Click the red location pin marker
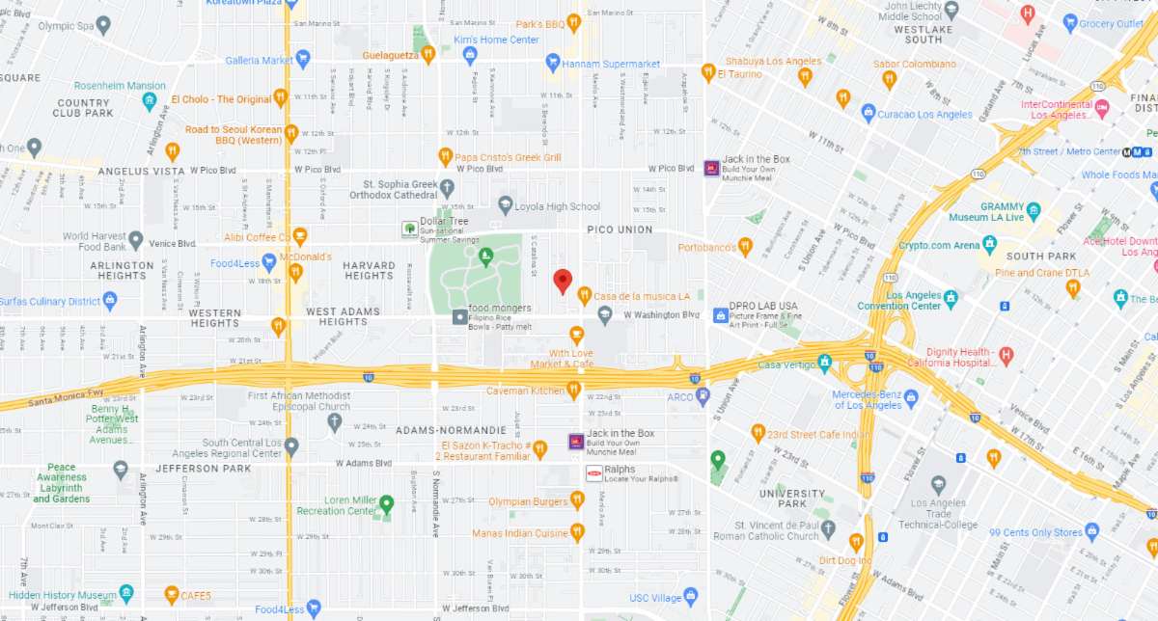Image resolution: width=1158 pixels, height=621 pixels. [x=563, y=282]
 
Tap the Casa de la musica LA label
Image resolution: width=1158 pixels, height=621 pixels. [x=642, y=296]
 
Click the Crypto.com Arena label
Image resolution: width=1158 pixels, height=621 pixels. [x=940, y=246]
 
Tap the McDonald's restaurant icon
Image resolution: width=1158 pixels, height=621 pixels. [x=296, y=272]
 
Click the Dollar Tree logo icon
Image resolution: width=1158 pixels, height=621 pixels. [x=410, y=229]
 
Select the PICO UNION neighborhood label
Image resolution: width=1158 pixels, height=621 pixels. [x=620, y=229]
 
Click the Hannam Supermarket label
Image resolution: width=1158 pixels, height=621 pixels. [x=613, y=65]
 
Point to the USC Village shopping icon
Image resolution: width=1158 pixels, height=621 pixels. [x=689, y=596]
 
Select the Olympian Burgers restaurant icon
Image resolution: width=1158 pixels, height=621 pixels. [x=577, y=499]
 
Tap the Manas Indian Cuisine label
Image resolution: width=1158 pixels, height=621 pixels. [x=520, y=533]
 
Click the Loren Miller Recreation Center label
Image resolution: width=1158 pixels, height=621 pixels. [x=334, y=505]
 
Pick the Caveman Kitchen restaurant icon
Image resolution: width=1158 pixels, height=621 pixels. [x=573, y=390]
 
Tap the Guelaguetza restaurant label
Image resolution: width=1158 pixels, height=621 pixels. [x=391, y=56]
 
